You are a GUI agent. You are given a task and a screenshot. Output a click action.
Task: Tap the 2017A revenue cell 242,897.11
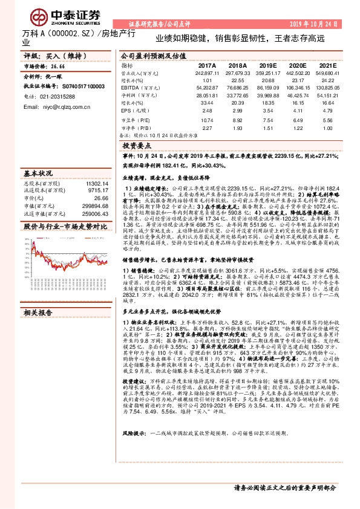[x=206, y=73]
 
